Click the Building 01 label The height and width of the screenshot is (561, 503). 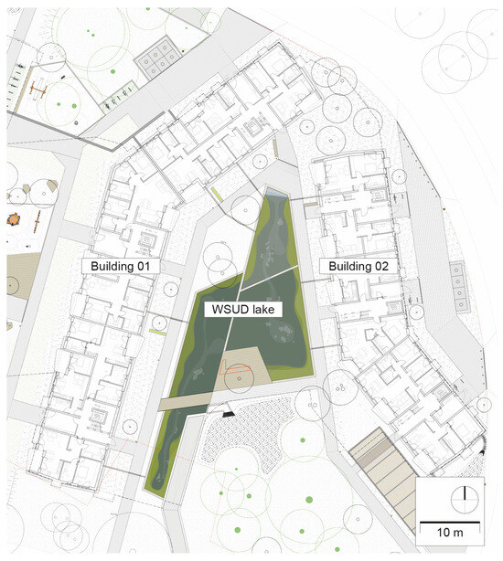(122, 265)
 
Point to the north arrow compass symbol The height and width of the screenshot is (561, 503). (465, 501)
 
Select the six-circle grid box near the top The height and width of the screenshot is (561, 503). (158, 59)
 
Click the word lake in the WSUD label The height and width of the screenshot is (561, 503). (262, 310)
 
